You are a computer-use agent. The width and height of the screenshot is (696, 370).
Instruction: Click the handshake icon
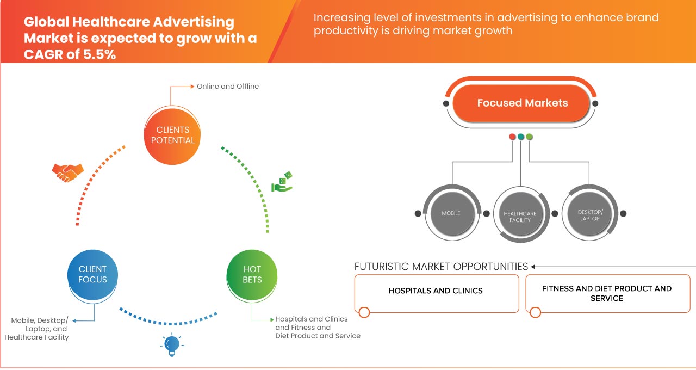[x=68, y=172]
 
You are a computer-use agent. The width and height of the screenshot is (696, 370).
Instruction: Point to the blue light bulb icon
[x=172, y=344]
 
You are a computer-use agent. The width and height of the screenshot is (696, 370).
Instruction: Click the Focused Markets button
[x=522, y=103]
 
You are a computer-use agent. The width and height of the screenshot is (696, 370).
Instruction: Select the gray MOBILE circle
[x=451, y=213]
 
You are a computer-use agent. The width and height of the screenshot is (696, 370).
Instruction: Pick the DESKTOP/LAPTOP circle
[x=589, y=214]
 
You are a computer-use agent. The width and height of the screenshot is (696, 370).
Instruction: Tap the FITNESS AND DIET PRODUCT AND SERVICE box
[x=607, y=293]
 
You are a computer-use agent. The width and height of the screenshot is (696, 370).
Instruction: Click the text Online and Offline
[x=228, y=86]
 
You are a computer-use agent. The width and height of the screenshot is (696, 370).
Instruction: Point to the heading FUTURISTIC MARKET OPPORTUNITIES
[x=441, y=267]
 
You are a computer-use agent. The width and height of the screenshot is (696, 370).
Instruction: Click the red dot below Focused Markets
[x=512, y=137]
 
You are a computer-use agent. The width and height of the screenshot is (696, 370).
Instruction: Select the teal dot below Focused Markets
[x=521, y=137]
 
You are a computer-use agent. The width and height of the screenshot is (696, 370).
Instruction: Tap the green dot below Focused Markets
[x=530, y=137]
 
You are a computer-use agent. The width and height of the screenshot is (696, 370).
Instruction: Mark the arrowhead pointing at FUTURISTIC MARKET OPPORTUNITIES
[x=533, y=267]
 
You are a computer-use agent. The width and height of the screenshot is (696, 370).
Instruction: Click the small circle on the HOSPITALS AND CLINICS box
[x=364, y=312]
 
